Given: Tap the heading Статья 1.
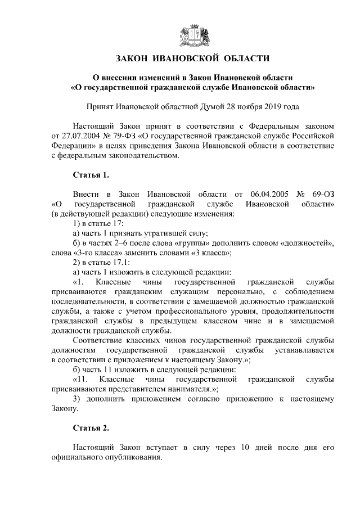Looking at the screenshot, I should click(91, 174).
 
